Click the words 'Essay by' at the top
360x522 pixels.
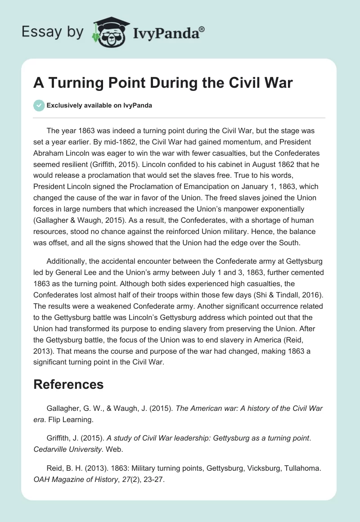coord(52,31)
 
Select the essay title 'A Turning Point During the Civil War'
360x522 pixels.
coord(163,83)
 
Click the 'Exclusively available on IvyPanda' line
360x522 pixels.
coord(99,105)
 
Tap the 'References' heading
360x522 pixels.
coord(68,384)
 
